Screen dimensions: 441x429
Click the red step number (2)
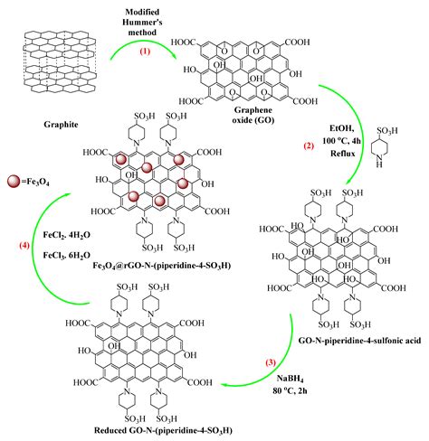pos(332,145)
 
